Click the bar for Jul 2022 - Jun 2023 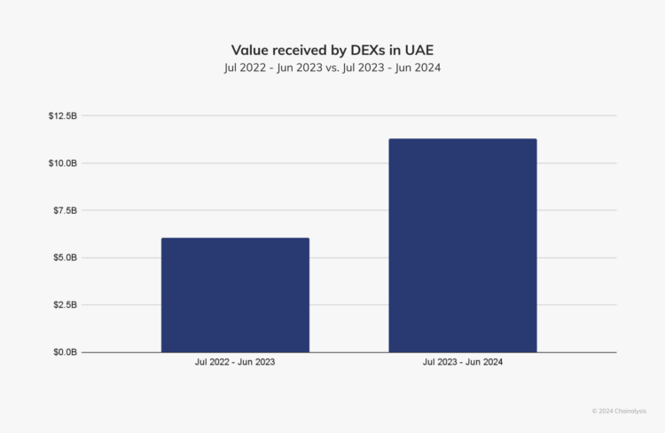235,295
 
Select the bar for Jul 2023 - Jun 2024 462,245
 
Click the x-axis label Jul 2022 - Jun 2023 235,363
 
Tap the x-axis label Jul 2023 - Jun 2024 462,363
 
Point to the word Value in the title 251,51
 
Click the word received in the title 305,51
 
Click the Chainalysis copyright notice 619,411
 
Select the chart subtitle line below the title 332,67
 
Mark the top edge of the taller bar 462,139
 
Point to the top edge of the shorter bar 235,239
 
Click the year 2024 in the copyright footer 606,411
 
